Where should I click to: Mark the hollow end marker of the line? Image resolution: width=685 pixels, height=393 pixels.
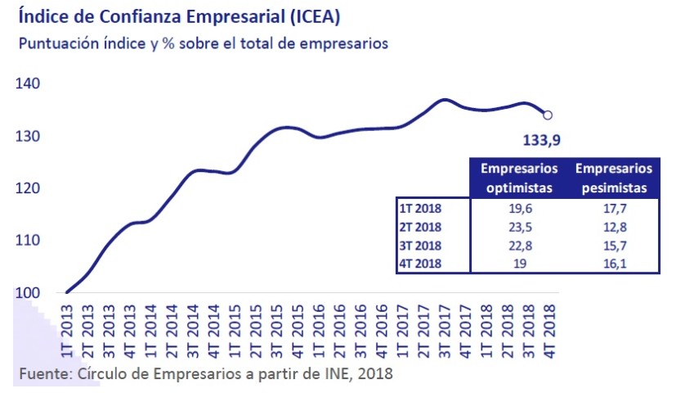tap(548, 115)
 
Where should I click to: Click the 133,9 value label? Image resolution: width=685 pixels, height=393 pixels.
tap(541, 141)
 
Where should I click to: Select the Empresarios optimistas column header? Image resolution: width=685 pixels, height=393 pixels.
tap(519, 178)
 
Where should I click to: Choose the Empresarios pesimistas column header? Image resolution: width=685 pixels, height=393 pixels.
tap(614, 178)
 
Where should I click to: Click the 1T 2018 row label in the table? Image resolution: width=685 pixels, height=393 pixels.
tap(420, 208)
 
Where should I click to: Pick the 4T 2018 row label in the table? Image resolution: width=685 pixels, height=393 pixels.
tap(420, 263)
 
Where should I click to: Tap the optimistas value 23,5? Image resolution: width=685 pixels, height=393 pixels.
tap(519, 227)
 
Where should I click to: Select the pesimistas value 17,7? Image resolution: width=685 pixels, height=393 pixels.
tap(614, 208)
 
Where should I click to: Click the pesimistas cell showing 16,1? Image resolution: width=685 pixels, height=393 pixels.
tap(614, 263)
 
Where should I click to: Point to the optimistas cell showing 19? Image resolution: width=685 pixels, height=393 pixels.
tap(519, 263)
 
